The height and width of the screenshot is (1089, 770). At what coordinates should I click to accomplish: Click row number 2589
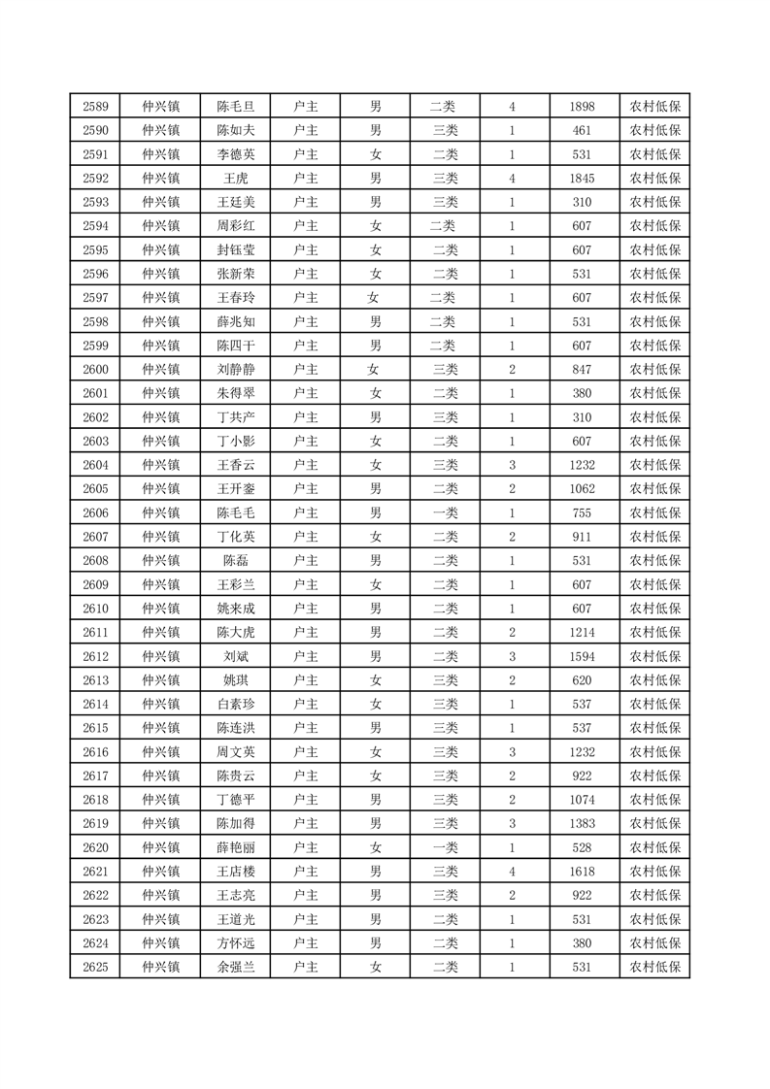tap(95, 107)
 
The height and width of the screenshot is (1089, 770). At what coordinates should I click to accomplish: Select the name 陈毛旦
tap(235, 107)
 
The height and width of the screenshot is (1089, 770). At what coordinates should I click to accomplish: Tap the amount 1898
tap(583, 107)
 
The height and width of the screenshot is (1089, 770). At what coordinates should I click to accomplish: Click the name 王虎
tap(235, 179)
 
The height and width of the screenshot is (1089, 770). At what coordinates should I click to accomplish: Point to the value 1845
tap(583, 179)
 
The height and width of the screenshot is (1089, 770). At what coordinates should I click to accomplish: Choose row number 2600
tap(95, 370)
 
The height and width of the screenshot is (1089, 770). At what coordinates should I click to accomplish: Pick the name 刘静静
tap(235, 370)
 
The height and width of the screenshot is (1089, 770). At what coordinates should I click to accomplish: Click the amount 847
tap(583, 370)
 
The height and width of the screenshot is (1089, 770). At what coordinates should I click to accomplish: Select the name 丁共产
tap(235, 417)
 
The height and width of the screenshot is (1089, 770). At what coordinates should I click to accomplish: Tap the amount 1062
tap(583, 489)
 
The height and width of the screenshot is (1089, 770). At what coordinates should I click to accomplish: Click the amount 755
tap(583, 512)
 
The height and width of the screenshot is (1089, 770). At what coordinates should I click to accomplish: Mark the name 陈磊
tap(235, 561)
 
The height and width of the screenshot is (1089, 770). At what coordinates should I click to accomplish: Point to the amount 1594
tap(583, 656)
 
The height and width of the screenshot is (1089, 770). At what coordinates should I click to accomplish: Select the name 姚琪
tap(235, 680)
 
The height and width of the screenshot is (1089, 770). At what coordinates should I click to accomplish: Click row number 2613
tap(95, 680)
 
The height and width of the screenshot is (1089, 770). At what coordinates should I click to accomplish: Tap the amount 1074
tap(583, 800)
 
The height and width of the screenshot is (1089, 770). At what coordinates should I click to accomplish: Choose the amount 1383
tap(583, 823)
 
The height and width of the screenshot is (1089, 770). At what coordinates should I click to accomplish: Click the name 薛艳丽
tap(235, 847)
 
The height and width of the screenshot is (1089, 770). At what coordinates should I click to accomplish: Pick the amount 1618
tap(583, 872)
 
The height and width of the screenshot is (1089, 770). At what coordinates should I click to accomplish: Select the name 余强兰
tap(235, 967)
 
